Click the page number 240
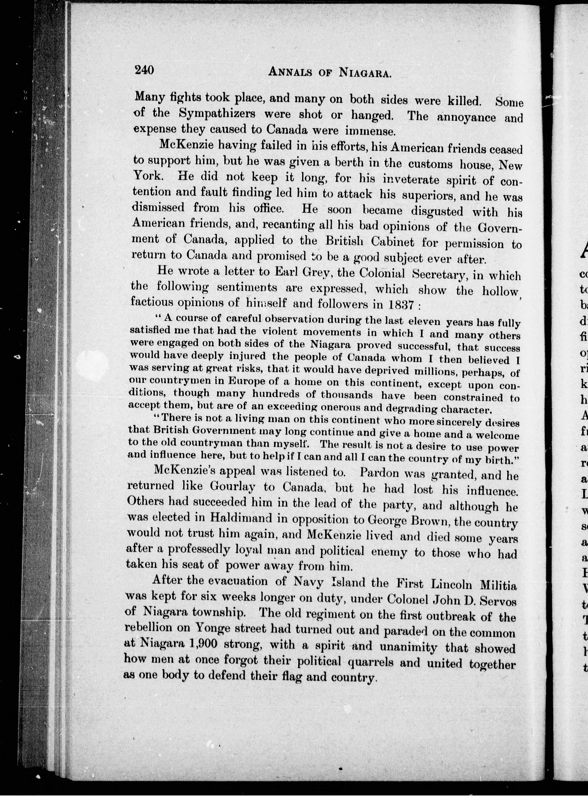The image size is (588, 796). click(144, 70)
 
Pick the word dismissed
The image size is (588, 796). click(159, 207)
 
